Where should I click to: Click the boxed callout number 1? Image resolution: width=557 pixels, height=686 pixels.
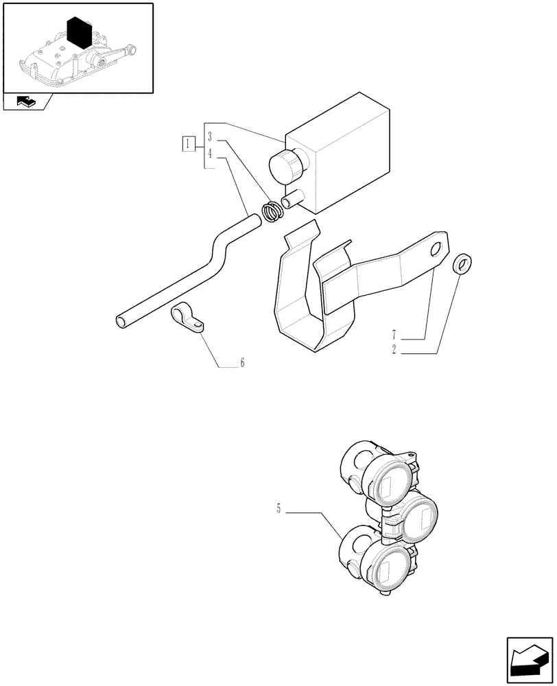pyautogui.click(x=188, y=144)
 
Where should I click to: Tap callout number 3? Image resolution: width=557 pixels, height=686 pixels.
pyautogui.click(x=211, y=136)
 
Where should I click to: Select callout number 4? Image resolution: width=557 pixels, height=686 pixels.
pyautogui.click(x=211, y=154)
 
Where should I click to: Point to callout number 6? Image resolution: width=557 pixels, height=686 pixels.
pyautogui.click(x=241, y=363)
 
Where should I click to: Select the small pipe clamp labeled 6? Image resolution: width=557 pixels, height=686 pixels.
pyautogui.click(x=186, y=318)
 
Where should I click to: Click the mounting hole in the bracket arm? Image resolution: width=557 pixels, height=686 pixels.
pyautogui.click(x=434, y=252)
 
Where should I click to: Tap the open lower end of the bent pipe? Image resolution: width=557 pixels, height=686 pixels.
pyautogui.click(x=121, y=321)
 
